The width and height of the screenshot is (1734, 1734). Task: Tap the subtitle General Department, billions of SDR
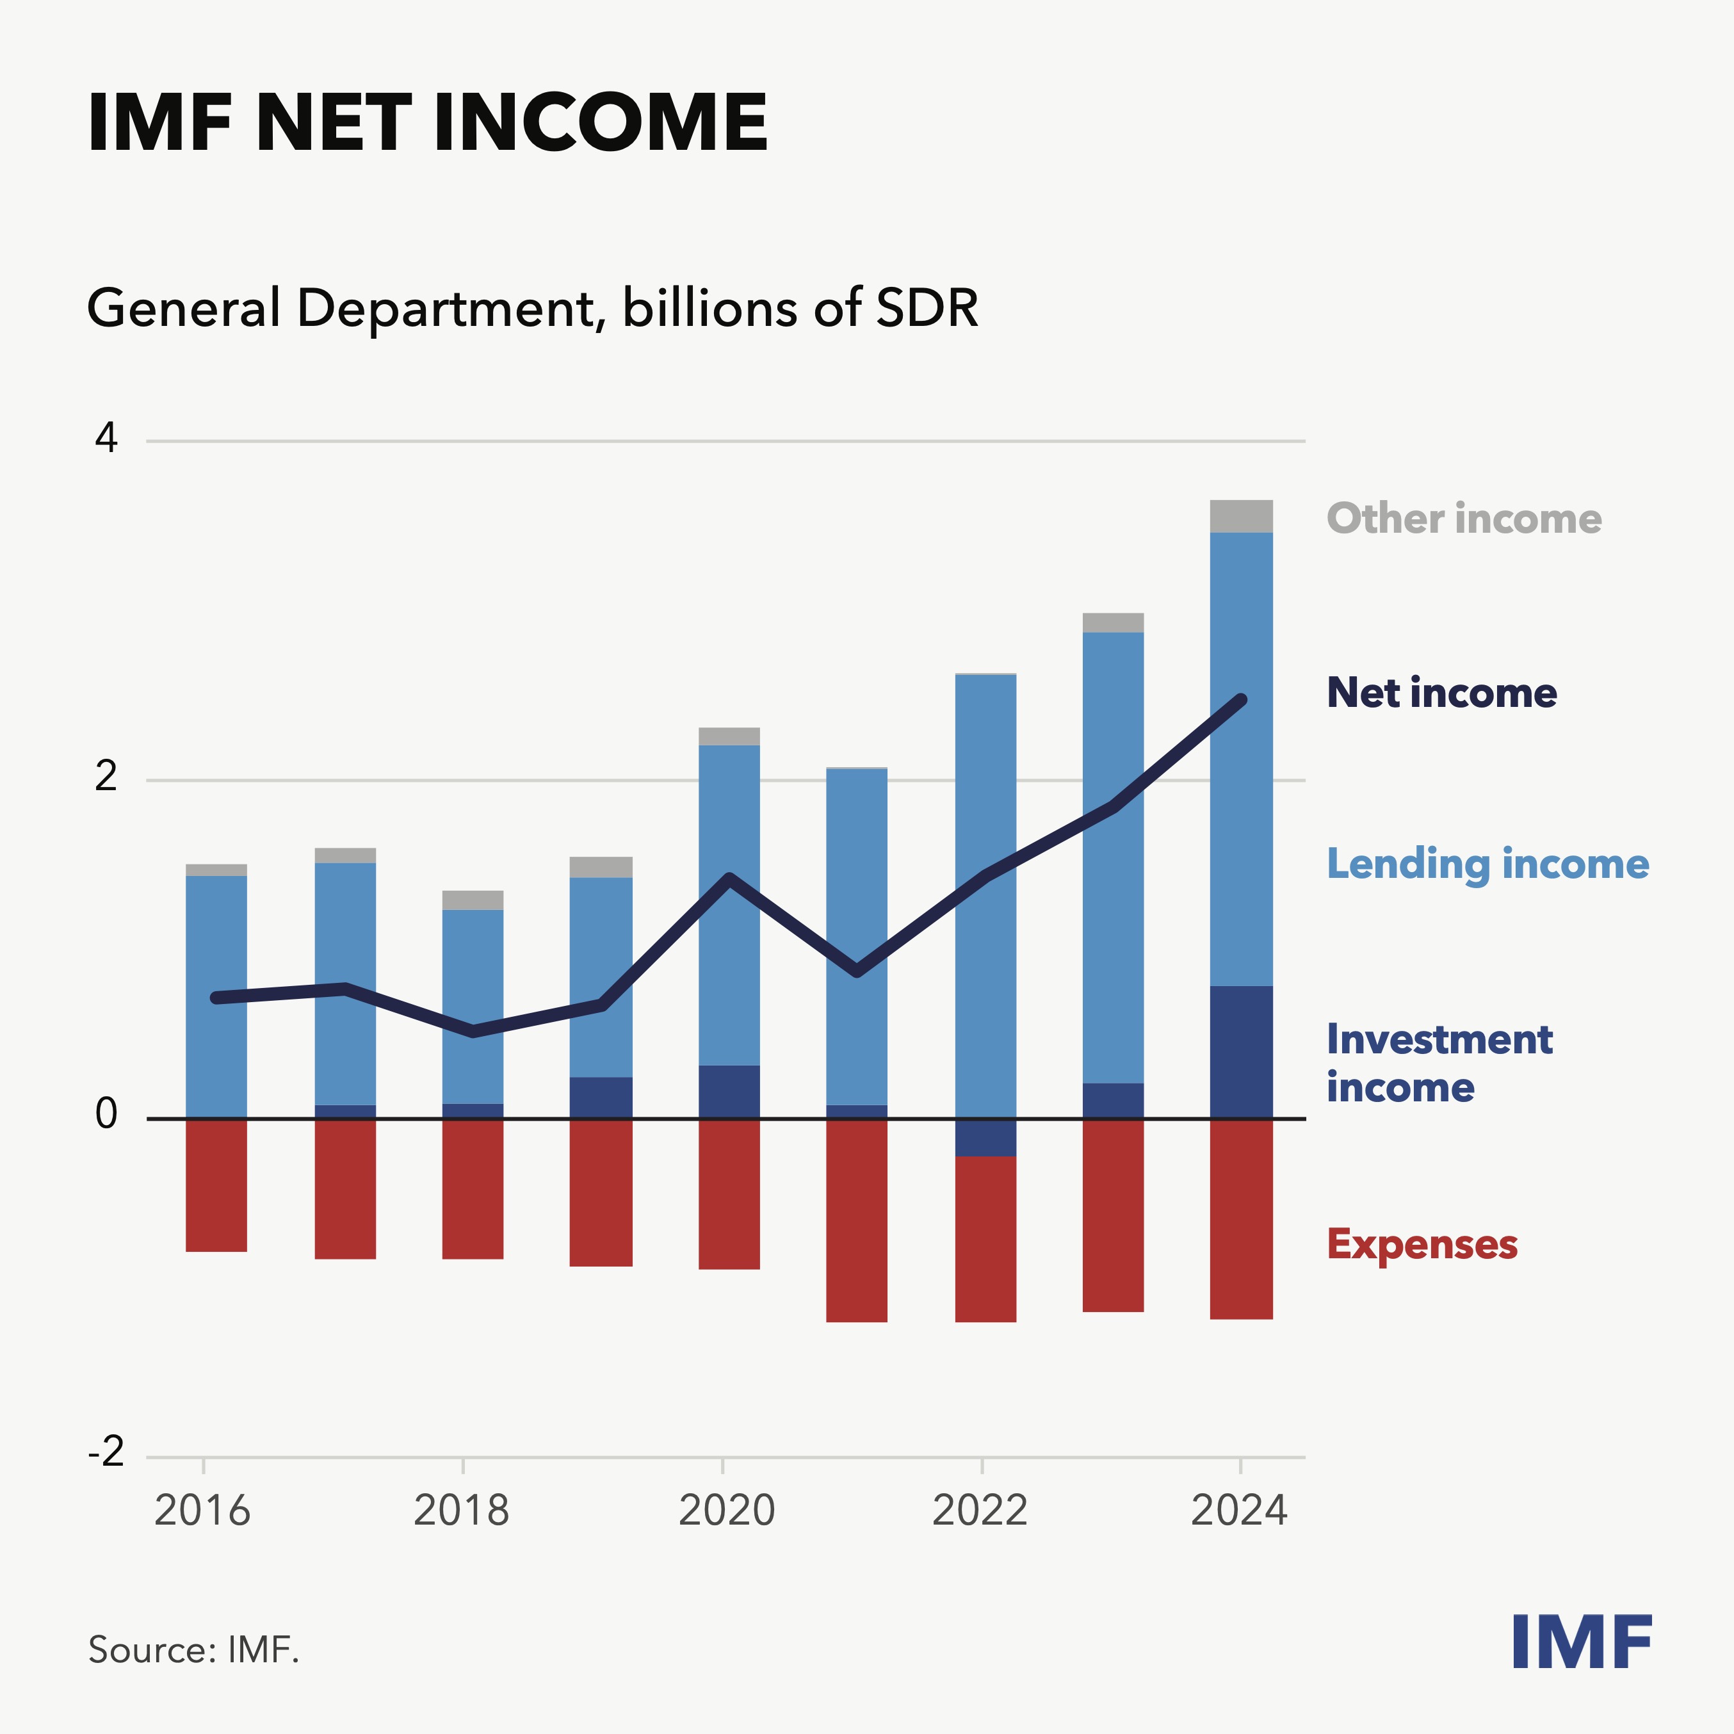tap(532, 308)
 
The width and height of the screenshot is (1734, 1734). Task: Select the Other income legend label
tap(1464, 519)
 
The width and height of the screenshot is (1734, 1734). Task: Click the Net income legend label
tap(1441, 693)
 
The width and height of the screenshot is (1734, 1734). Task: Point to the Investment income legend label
tap(1439, 1063)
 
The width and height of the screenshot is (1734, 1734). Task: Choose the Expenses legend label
tap(1422, 1245)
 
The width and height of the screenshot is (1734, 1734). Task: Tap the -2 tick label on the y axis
tap(106, 1451)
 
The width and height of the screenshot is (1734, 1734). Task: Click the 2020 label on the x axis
tap(726, 1511)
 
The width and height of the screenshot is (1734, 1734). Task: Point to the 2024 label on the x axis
tap(1238, 1511)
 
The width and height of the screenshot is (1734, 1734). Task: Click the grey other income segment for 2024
tap(1241, 516)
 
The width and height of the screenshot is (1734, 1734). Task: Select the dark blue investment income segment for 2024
tap(1241, 1052)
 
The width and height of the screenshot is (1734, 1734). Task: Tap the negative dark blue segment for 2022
tap(985, 1137)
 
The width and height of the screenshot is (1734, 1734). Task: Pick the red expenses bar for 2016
tap(216, 1185)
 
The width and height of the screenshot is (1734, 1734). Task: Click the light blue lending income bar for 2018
tap(473, 1005)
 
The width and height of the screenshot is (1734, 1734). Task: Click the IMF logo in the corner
tap(1582, 1642)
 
